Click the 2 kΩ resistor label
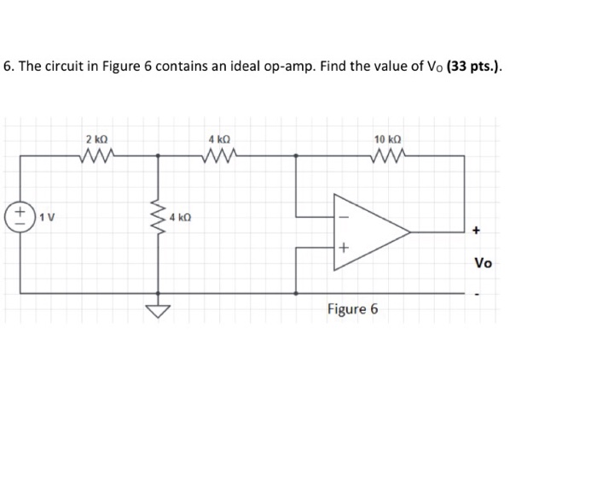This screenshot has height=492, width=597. (x=96, y=138)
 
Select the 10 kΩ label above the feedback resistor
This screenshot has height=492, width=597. (x=387, y=138)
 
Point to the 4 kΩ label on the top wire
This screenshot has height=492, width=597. (x=219, y=138)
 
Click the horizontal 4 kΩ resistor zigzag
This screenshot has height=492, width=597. (x=219, y=155)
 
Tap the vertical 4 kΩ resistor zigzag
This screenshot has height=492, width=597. (x=157, y=219)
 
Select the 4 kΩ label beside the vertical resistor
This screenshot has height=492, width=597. (x=180, y=218)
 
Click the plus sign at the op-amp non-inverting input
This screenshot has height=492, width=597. (x=343, y=248)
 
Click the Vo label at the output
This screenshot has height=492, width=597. (x=483, y=263)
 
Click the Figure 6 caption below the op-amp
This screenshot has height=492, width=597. (x=351, y=309)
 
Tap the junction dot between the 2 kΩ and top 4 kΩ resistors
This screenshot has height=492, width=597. (x=157, y=155)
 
